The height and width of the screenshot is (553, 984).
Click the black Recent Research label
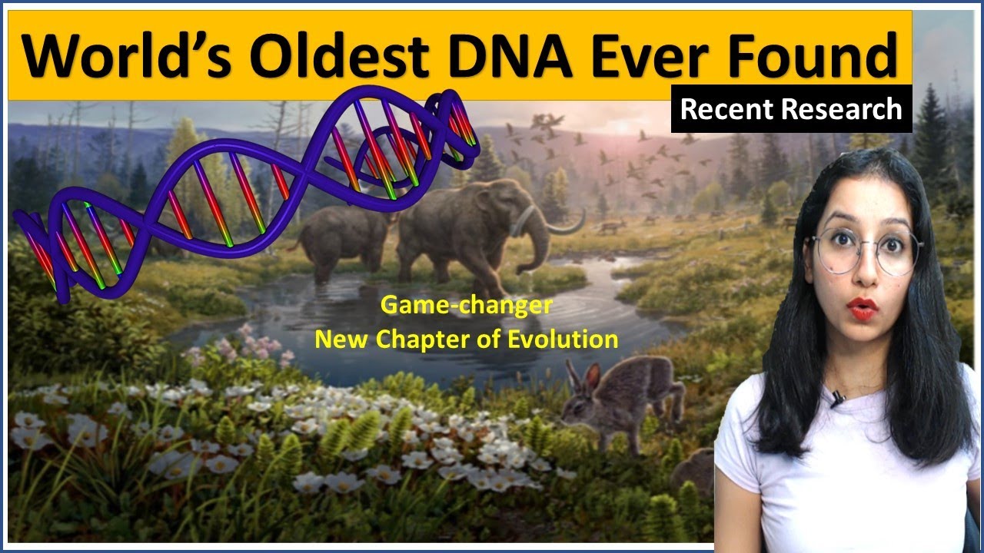(x=791, y=109)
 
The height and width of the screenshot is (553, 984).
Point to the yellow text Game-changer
(x=467, y=306)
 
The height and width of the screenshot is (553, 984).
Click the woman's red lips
(x=863, y=310)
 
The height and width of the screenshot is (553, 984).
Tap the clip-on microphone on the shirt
(x=836, y=398)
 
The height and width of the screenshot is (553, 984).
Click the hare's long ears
(x=583, y=378)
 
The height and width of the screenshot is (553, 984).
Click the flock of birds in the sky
(x=607, y=154)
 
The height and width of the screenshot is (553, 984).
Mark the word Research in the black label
(x=849, y=109)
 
